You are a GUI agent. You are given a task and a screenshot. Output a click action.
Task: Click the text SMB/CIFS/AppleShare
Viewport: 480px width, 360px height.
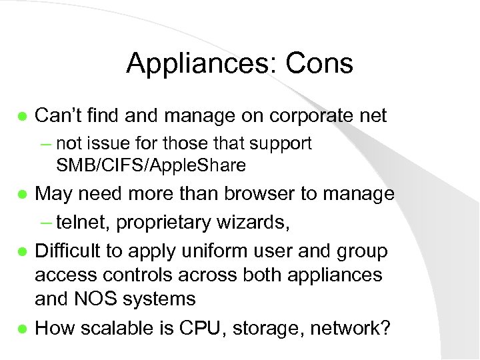point(151,165)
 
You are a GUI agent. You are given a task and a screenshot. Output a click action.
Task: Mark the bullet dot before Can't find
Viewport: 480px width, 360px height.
point(22,116)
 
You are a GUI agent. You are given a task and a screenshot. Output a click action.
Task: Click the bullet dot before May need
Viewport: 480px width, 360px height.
point(22,195)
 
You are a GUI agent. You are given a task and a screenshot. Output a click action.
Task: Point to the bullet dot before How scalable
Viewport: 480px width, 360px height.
point(22,329)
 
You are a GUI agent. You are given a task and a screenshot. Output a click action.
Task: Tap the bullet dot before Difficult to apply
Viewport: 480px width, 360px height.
point(22,252)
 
